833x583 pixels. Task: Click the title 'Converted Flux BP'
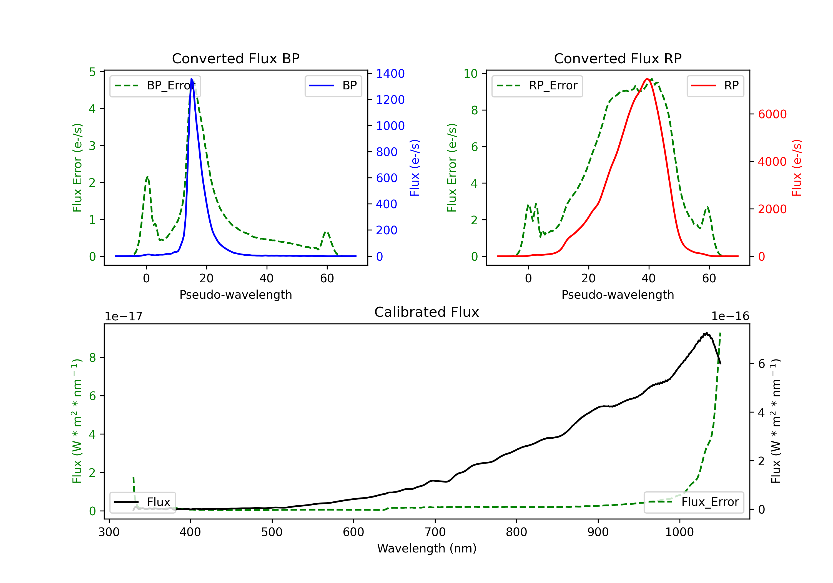(235, 58)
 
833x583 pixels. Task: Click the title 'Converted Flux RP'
(618, 58)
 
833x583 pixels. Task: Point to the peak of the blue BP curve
(192, 79)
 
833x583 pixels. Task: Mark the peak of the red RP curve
(647, 79)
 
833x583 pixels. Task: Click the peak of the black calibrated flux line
(706, 333)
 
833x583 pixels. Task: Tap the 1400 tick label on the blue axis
(390, 74)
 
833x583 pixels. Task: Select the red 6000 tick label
(772, 114)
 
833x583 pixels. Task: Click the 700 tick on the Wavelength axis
(435, 532)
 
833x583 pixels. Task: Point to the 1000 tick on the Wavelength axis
(679, 532)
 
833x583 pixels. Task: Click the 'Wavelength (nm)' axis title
(427, 548)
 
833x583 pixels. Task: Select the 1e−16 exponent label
(730, 316)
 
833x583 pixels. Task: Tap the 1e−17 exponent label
(123, 316)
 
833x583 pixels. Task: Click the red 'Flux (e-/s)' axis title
(796, 168)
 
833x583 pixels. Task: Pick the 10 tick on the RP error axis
(471, 74)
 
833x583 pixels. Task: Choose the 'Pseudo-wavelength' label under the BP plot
(235, 295)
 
